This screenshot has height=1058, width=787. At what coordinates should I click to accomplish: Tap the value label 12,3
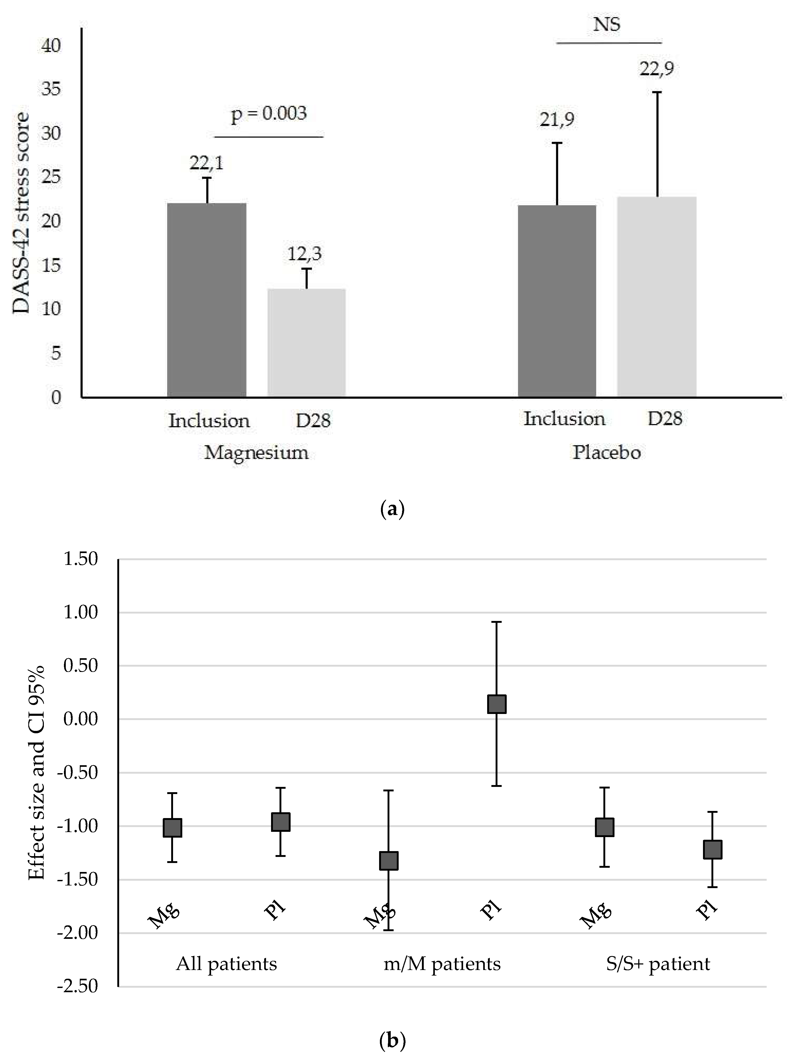click(x=304, y=254)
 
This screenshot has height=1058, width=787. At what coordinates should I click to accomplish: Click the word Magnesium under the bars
click(x=256, y=453)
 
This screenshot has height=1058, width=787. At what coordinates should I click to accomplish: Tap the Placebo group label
click(x=607, y=453)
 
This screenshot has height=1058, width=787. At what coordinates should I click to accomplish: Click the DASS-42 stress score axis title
click(x=21, y=213)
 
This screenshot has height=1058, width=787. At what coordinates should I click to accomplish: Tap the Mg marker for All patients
click(x=173, y=827)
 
